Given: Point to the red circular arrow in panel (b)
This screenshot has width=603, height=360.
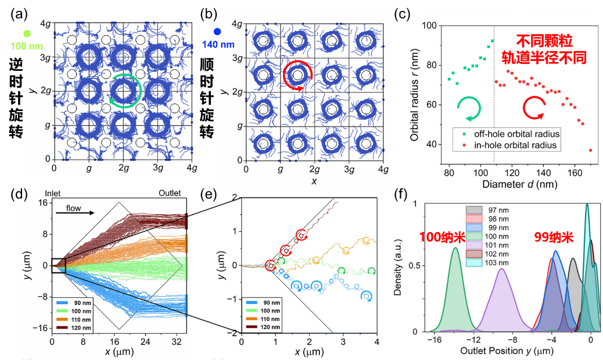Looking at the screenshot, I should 297,74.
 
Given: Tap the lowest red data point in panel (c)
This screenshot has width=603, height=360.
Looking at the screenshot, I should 590,150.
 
